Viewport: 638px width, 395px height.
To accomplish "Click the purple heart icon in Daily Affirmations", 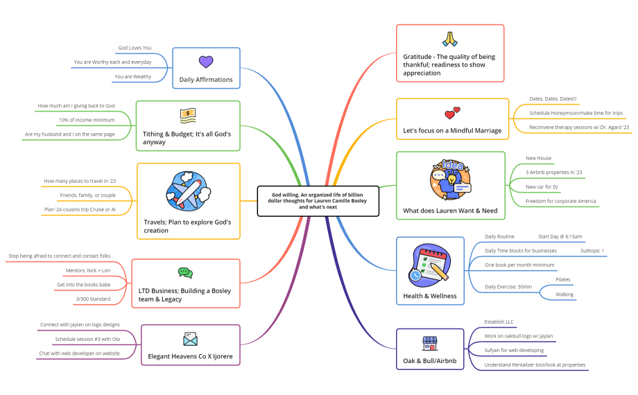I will coord(205,62).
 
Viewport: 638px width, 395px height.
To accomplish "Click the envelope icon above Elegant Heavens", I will coord(190,339).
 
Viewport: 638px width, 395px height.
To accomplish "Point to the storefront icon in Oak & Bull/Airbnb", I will coord(430,343).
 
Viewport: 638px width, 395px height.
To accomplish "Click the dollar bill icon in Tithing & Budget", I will coord(187,114).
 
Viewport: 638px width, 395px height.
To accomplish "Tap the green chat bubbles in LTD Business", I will coord(185,273).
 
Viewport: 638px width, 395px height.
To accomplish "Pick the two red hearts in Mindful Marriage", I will coord(452,112).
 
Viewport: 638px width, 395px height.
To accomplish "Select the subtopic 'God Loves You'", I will coord(135,48).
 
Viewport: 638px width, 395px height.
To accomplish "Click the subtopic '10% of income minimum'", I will coord(87,120).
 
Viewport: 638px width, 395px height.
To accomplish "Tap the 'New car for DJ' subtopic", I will coord(542,187).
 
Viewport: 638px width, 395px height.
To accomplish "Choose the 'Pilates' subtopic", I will coord(563,280).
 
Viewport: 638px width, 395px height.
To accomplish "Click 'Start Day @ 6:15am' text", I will coord(560,236).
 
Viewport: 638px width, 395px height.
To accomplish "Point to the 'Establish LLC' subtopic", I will coord(499,322).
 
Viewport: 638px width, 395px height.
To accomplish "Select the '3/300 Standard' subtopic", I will coord(93,299).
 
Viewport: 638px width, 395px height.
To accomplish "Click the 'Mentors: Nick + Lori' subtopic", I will coord(87,270).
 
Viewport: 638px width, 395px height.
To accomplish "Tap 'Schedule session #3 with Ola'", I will coord(87,339).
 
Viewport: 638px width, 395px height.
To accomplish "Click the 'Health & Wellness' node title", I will coord(429,296).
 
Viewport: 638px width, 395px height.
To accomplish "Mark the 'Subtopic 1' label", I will coord(592,250).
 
